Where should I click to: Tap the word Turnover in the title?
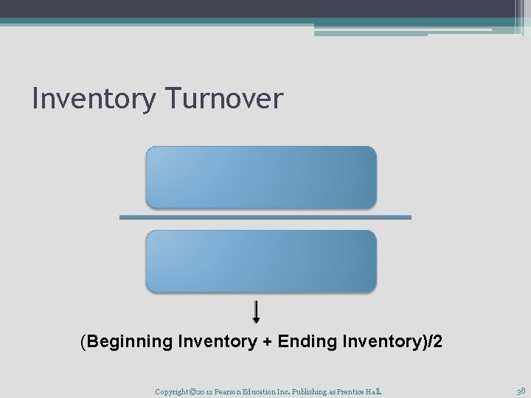click(x=221, y=99)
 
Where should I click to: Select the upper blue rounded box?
click(x=261, y=177)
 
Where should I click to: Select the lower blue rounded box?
click(x=261, y=261)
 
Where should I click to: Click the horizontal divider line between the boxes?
click(x=265, y=217)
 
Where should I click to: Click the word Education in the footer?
click(x=273, y=391)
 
